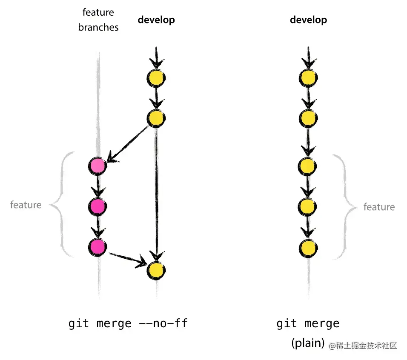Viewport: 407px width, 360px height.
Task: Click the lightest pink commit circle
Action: (97, 166)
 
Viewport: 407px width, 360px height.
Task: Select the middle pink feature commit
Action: (97, 206)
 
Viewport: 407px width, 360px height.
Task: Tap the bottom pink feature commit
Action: (97, 246)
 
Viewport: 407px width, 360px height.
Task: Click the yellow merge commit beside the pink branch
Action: (156, 270)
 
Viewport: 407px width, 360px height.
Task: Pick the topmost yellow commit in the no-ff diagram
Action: (156, 77)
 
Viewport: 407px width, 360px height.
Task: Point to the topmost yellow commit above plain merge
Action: (308, 77)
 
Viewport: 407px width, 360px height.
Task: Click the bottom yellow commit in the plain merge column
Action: (308, 247)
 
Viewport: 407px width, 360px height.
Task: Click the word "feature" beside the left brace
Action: (26, 205)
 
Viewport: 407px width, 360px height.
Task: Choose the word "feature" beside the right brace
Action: (379, 207)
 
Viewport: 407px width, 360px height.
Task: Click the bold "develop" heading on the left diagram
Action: (156, 20)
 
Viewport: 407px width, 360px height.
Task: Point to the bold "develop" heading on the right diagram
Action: (309, 20)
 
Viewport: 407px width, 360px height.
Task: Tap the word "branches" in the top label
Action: (98, 28)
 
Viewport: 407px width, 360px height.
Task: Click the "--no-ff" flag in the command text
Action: (163, 323)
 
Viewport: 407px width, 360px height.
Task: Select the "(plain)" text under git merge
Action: (308, 343)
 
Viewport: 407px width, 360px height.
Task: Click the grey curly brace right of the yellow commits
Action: (345, 207)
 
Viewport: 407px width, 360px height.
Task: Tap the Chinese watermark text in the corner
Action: (363, 346)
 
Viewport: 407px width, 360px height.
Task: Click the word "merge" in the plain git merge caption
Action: (324, 323)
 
